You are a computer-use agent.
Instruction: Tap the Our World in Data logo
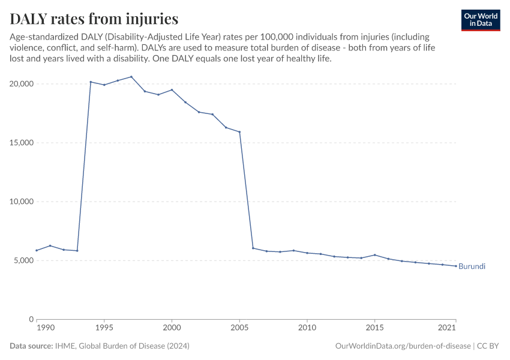(481, 20)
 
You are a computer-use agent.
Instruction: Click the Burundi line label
(472, 266)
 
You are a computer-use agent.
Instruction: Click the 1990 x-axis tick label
(44, 328)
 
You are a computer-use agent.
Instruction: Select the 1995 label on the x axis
(104, 328)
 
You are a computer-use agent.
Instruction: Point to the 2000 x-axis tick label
(172, 328)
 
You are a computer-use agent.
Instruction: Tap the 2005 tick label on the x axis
(239, 328)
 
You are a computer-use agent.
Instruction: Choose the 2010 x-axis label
(307, 328)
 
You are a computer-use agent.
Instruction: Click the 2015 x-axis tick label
(375, 328)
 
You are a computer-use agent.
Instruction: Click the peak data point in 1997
(131, 77)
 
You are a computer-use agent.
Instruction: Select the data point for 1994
(91, 82)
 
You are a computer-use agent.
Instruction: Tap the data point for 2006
(253, 248)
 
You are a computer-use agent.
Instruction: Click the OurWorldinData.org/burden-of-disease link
(402, 346)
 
